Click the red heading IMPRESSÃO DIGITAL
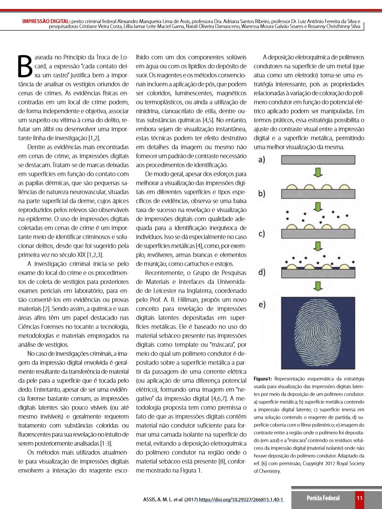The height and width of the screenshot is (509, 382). coord(46,21)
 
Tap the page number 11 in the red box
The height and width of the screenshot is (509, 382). coord(360,498)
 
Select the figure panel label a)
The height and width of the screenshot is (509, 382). coord(262,160)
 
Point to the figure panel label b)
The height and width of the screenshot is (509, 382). coord(262,193)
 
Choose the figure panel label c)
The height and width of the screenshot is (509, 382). coord(262,234)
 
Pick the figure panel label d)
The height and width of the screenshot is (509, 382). coord(262,272)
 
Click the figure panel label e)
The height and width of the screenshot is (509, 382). coord(262,305)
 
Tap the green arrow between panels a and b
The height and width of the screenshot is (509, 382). coord(317,173)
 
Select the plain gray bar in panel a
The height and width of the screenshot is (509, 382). coord(317,160)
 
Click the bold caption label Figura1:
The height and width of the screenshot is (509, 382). coord(263,379)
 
